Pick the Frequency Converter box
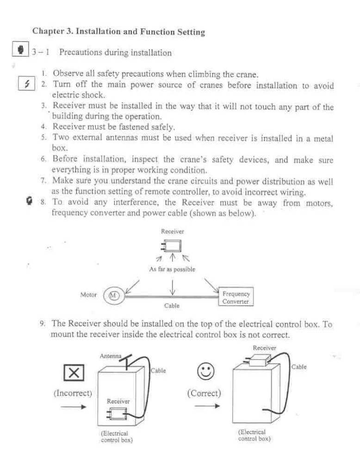pos(236,297)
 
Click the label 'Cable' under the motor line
pos(172,306)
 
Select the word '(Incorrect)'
pos(73,394)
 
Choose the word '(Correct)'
pos(204,393)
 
